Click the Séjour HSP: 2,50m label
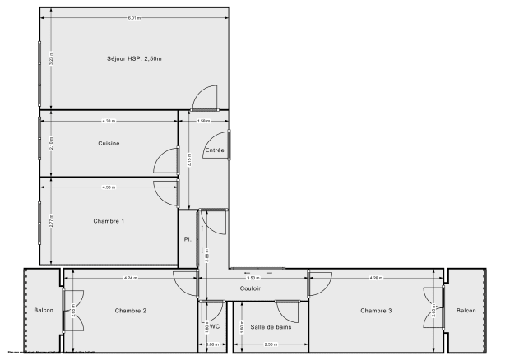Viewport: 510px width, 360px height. [x=134, y=58]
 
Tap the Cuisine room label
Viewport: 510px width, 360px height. [x=109, y=144]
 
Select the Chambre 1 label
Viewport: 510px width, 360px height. [x=109, y=220]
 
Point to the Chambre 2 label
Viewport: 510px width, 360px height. [x=131, y=310]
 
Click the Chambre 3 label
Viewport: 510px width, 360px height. [x=376, y=310]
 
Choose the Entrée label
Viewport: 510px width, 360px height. [x=214, y=150]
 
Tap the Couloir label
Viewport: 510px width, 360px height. [x=251, y=288]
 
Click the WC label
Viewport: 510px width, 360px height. [x=215, y=326]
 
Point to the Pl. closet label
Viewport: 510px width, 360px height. [x=188, y=240]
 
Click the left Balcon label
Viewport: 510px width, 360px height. [x=43, y=310]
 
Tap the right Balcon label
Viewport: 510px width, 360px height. [x=466, y=310]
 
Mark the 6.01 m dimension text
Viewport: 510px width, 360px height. [x=134, y=17]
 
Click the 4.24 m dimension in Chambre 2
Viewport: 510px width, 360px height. [x=131, y=279]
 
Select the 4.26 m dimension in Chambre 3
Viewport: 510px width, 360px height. [x=376, y=279]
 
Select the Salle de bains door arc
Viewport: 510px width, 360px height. [x=288, y=312]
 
